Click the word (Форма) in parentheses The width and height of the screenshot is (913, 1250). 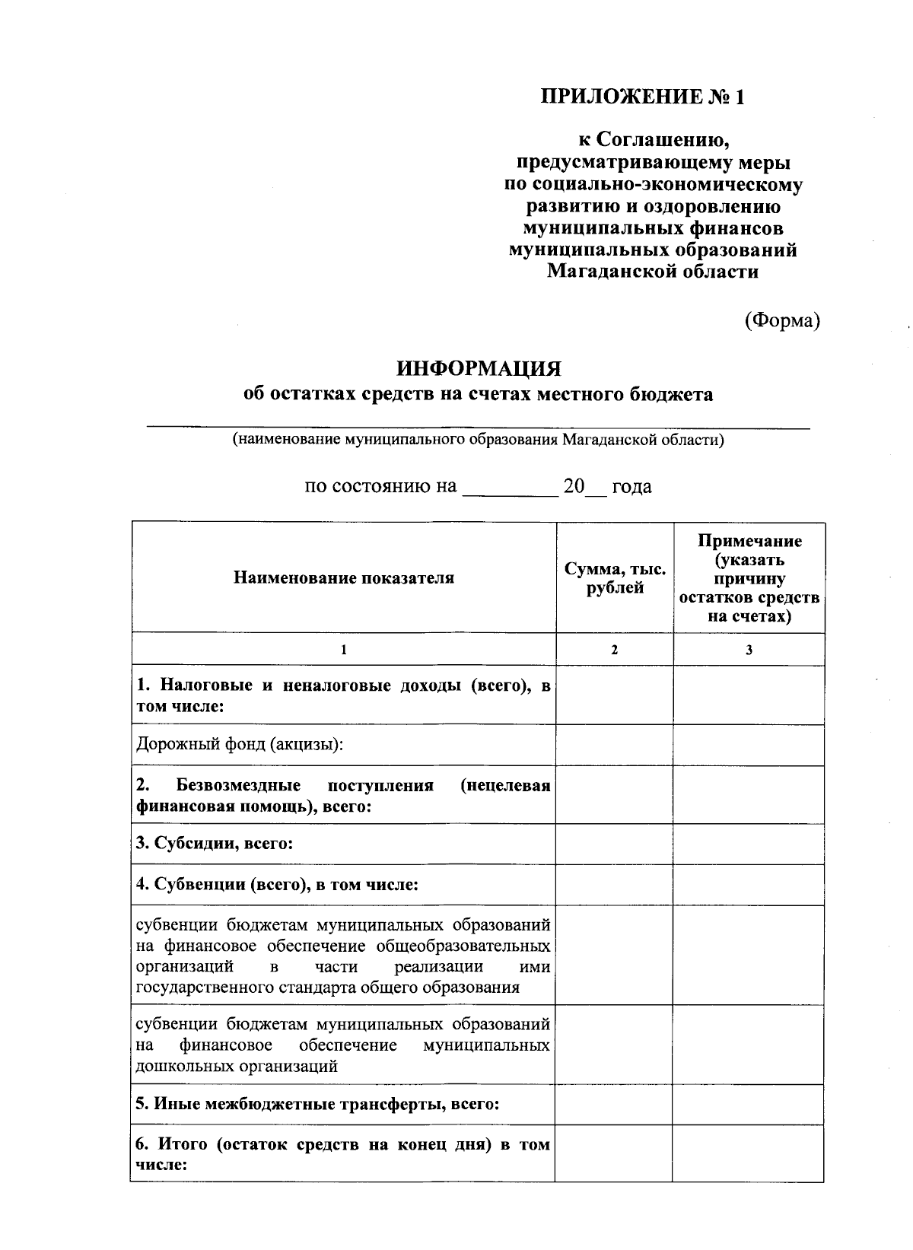coord(782,320)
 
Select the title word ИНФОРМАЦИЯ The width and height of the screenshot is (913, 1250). coord(479,369)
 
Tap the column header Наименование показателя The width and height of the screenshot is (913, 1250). coord(344,577)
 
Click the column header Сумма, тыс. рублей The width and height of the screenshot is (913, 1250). coord(615,578)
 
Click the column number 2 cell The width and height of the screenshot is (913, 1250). coord(615,650)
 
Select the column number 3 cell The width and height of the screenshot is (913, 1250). coord(749,650)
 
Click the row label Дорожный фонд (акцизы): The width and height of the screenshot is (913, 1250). coord(240,744)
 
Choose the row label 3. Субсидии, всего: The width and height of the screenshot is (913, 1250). coord(215,844)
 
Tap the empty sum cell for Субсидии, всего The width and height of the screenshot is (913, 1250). coord(615,844)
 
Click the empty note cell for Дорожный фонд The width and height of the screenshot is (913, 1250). coord(749,745)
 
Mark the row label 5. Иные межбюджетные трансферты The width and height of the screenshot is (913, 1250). coord(317,1104)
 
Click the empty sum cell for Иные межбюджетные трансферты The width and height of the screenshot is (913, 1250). coord(614,1104)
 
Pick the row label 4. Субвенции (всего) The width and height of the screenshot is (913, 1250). coord(277,884)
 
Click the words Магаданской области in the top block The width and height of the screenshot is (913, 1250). coord(652,272)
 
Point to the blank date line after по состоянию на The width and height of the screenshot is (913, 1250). coord(511,488)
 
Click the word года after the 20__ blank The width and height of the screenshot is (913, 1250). coord(631,487)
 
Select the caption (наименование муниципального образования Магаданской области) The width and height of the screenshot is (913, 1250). coord(479,441)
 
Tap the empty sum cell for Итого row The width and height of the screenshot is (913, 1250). coord(614,1153)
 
